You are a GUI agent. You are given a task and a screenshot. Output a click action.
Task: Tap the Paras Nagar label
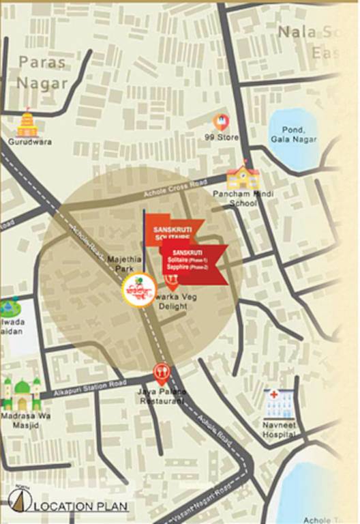(x=43, y=72)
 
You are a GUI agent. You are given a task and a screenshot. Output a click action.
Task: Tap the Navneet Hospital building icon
(x=280, y=405)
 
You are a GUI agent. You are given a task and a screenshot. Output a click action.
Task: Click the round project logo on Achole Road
(x=139, y=291)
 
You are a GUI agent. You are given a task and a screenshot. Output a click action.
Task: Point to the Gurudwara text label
(x=30, y=142)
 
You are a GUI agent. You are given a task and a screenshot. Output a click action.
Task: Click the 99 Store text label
(x=222, y=138)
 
